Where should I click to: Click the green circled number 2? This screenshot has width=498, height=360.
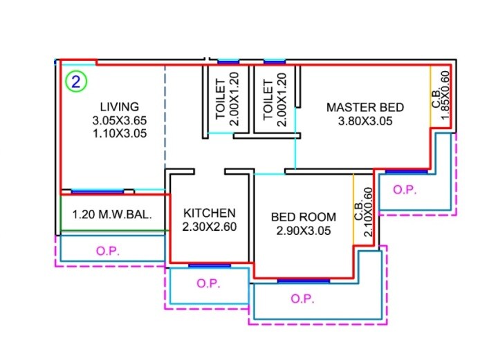[76, 82]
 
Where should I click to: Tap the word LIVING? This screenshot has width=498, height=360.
[119, 106]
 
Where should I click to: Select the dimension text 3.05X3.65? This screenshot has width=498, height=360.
[119, 120]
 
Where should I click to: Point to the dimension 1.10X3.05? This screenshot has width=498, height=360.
[119, 134]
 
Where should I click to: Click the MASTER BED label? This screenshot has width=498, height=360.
[365, 107]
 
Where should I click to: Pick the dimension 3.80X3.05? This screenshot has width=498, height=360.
[365, 122]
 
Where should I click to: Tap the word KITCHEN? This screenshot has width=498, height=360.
[210, 213]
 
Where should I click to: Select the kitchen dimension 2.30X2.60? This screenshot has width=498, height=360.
[210, 227]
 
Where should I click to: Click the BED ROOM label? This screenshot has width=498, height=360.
[304, 217]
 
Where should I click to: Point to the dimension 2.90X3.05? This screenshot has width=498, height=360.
[304, 231]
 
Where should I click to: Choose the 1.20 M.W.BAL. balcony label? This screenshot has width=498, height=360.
[112, 215]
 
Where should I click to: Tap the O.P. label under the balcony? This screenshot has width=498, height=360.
[109, 252]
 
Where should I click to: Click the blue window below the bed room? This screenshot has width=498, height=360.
[294, 280]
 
